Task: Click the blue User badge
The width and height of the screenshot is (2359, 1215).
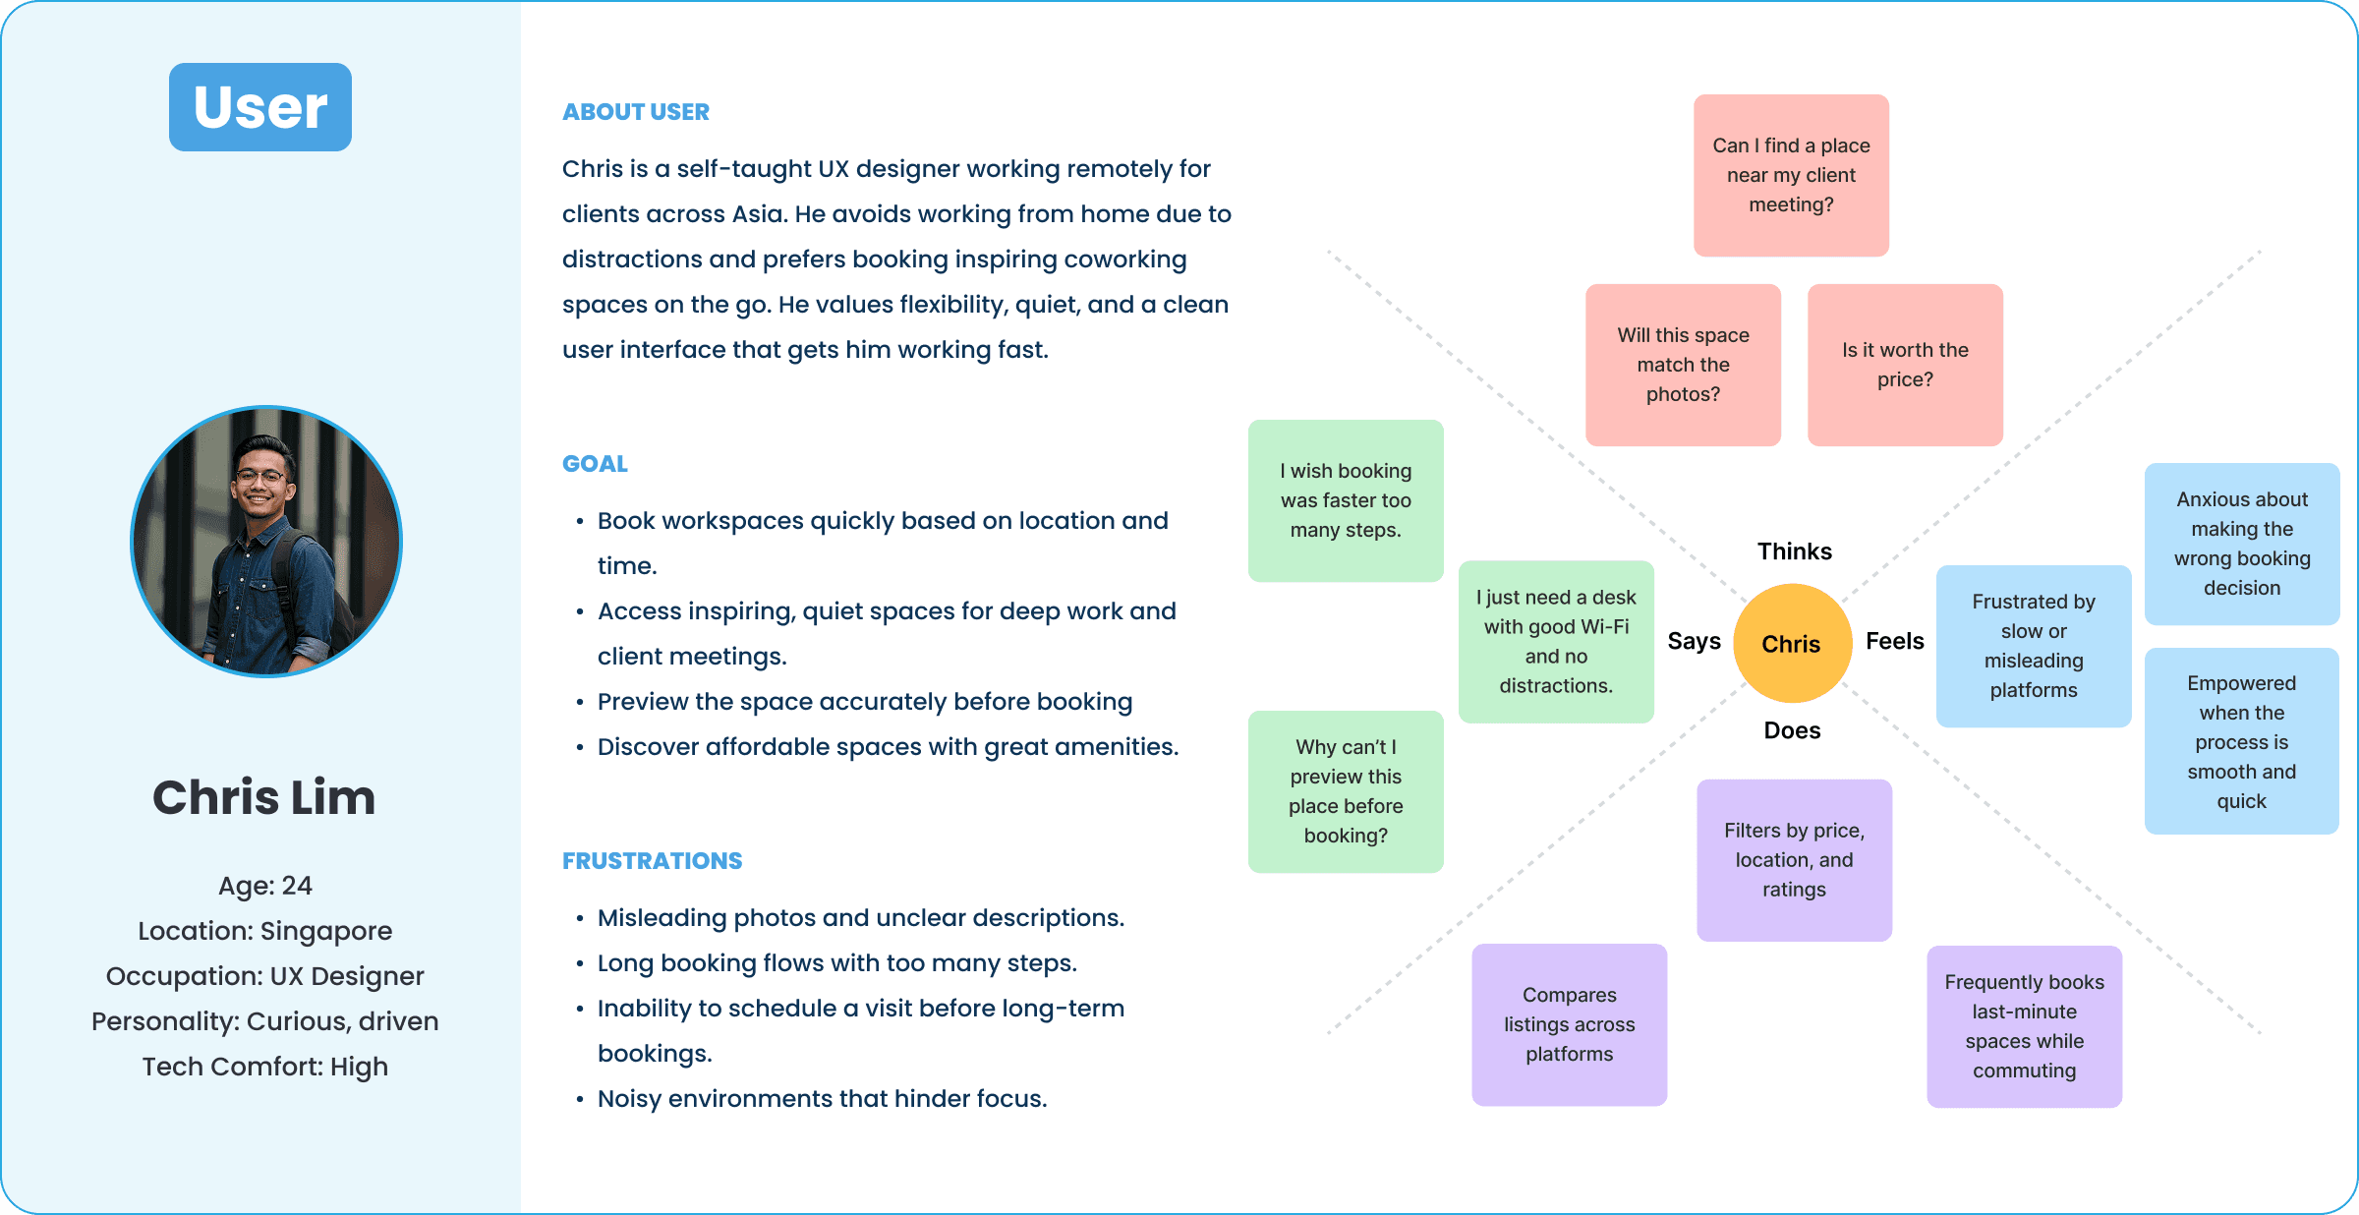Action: [x=260, y=107]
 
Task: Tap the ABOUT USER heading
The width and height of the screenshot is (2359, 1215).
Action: [x=635, y=112]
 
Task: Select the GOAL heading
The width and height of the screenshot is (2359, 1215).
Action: [x=595, y=464]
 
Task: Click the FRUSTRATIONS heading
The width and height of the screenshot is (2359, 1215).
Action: [x=652, y=861]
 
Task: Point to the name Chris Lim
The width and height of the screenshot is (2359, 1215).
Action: [x=263, y=797]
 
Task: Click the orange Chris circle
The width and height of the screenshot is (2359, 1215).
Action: [x=1791, y=644]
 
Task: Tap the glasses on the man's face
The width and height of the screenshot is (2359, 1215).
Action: [x=261, y=477]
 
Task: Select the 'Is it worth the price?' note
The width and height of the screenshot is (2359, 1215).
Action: [x=1905, y=365]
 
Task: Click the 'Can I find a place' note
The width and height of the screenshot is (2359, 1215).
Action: [x=1791, y=175]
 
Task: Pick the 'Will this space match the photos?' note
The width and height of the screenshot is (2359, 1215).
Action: [x=1683, y=365]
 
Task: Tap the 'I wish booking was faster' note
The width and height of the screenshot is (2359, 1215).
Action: [x=1346, y=500]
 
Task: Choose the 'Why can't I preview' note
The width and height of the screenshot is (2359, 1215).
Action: [x=1346, y=791]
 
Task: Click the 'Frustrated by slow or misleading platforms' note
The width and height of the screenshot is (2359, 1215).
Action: [x=2034, y=646]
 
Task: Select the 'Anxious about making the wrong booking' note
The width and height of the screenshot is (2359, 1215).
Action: [x=2241, y=544]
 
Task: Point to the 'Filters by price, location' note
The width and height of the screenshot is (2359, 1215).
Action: [x=1794, y=860]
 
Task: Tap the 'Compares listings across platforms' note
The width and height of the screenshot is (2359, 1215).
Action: [x=1569, y=1024]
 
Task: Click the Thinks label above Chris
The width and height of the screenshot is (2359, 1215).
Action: [x=1794, y=551]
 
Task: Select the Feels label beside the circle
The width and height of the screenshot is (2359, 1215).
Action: [x=1894, y=641]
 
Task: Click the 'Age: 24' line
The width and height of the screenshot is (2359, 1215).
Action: [x=264, y=886]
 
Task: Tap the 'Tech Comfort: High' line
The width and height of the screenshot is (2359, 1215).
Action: [x=264, y=1067]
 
